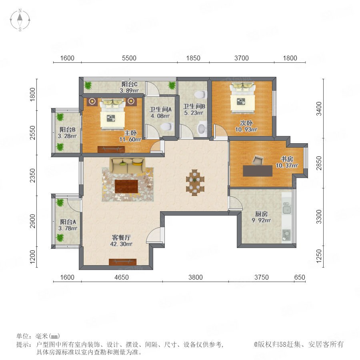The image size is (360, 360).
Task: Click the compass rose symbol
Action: click(x=20, y=20)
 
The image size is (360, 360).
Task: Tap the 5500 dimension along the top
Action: click(x=129, y=58)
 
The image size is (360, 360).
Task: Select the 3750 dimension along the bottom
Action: click(x=261, y=277)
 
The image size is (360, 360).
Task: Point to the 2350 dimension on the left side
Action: click(x=33, y=176)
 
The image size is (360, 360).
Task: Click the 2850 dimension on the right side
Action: click(x=319, y=163)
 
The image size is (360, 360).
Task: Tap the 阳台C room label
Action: click(x=130, y=84)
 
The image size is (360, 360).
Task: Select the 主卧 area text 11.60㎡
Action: click(x=130, y=139)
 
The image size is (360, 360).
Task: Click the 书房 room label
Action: click(x=287, y=159)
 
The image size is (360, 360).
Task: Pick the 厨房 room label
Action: click(x=261, y=214)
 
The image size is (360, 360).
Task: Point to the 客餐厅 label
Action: click(x=121, y=237)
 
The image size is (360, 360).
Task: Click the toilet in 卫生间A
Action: click(x=167, y=126)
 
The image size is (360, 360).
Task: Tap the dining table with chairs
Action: click(x=195, y=182)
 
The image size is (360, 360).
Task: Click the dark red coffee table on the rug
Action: click(x=126, y=186)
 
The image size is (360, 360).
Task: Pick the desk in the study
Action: click(x=258, y=171)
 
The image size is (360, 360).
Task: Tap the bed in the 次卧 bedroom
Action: click(x=243, y=98)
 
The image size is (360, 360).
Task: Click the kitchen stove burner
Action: click(x=286, y=235)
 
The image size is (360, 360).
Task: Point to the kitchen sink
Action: click(x=286, y=208)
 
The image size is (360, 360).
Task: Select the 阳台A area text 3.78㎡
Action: click(x=68, y=228)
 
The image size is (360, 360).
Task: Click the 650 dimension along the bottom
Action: click(x=300, y=277)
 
